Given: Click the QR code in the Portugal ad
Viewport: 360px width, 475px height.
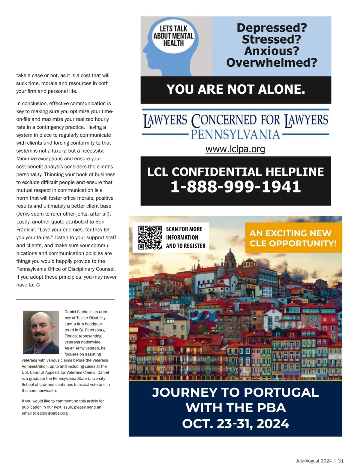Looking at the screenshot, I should click(150, 237).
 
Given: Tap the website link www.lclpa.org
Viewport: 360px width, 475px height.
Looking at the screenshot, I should click(235, 149).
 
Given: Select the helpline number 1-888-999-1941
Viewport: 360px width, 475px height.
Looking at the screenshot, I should click(235, 186).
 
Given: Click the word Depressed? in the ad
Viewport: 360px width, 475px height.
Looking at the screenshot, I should click(271, 28).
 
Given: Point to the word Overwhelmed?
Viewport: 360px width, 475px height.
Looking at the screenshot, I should click(271, 63).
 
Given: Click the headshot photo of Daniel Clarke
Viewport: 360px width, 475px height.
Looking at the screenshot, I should click(41, 332).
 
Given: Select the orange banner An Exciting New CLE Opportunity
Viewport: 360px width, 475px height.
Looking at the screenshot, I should click(293, 238).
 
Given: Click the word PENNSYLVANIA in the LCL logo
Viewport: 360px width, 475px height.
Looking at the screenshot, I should click(235, 135).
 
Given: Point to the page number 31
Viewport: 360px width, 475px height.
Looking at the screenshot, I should click(340, 461).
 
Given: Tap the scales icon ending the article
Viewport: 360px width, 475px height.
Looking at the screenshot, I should click(38, 285).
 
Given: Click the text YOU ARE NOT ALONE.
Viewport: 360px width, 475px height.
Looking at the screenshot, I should click(235, 89).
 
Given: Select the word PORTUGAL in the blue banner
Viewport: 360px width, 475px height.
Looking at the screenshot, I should click(281, 392).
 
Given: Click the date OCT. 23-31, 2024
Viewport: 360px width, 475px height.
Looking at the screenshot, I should click(235, 424).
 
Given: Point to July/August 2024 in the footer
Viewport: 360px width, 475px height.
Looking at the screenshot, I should click(314, 461).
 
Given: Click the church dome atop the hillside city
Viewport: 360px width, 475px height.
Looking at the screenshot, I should click(230, 257).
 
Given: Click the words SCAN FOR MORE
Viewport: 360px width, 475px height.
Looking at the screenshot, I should click(184, 229).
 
